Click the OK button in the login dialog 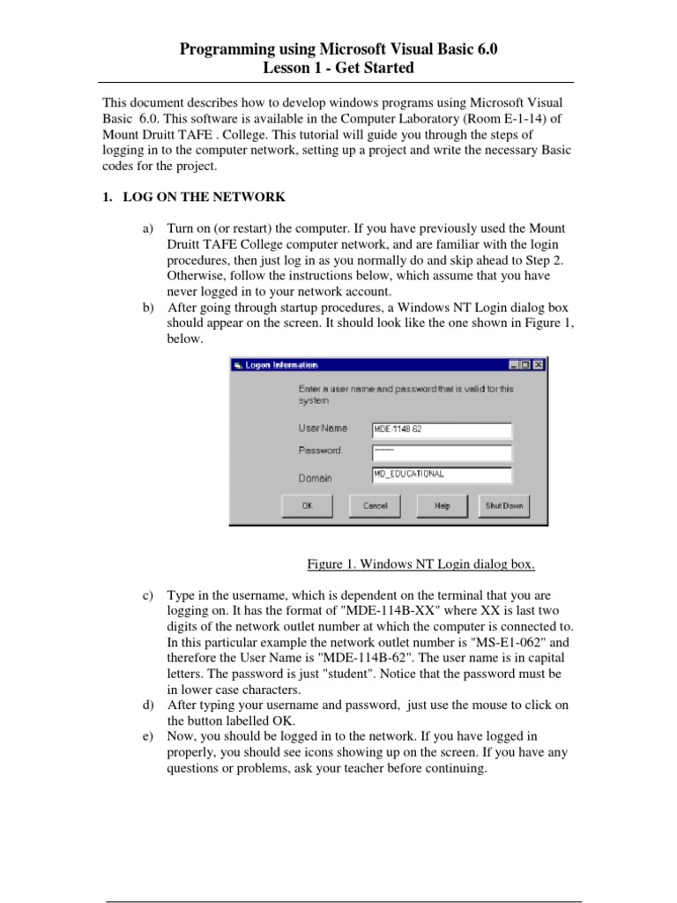307,505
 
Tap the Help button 442,505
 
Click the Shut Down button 504,505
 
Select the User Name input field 441,429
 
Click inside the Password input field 441,451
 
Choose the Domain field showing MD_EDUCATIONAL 441,474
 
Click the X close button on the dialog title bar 539,365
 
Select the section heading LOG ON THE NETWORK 204,197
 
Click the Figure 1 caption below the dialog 420,563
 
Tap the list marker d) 148,705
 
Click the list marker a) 148,228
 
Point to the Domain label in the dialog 315,478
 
